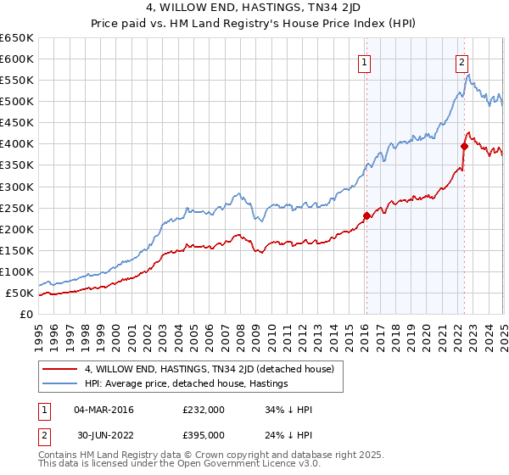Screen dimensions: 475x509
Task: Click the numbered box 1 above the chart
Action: [364, 61]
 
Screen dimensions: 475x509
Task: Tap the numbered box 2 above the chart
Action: [462, 61]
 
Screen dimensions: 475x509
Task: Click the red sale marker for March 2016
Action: [366, 215]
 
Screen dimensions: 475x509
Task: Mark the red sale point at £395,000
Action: [464, 146]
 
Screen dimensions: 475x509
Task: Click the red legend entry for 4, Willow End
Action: [211, 369]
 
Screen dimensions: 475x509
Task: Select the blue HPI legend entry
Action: [187, 383]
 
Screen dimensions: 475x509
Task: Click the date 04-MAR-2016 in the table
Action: [102, 410]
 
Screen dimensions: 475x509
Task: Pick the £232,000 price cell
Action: [203, 410]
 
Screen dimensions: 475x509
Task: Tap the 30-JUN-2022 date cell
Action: [102, 434]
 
